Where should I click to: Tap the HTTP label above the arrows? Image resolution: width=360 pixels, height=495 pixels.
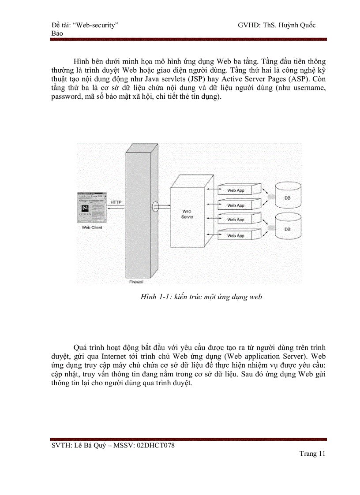[116, 202]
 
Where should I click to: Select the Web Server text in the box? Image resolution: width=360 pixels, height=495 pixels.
[187, 215]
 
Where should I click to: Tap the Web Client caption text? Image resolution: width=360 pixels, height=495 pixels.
[92, 228]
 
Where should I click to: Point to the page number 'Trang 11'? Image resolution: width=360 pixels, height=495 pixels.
[312, 454]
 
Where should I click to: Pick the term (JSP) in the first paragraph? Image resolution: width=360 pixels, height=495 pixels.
[209, 79]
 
